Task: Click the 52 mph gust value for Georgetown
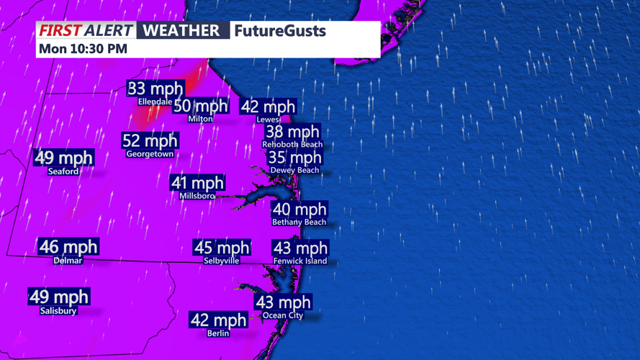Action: (150, 141)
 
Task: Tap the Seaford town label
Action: (63, 171)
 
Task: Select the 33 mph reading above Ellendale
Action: (156, 89)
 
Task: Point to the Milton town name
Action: (200, 119)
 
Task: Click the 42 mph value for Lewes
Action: (268, 107)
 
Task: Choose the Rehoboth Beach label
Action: (292, 144)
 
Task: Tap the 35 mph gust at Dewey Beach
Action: (294, 158)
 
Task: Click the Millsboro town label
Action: (197, 196)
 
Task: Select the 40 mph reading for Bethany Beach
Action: (299, 210)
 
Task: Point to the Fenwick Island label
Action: (300, 261)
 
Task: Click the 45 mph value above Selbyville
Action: (222, 248)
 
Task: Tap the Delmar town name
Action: (68, 261)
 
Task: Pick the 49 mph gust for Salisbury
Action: (59, 297)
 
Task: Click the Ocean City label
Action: (283, 315)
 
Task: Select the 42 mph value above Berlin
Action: (218, 320)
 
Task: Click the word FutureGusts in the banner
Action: (280, 31)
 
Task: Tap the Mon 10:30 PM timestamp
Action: (83, 49)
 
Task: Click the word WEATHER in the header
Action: (181, 31)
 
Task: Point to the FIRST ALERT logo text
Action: (86, 31)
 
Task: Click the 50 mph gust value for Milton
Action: (201, 107)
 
